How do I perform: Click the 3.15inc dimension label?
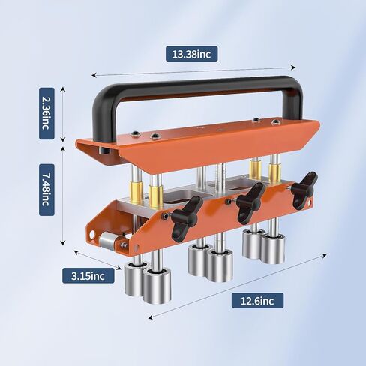tap(89, 276)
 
